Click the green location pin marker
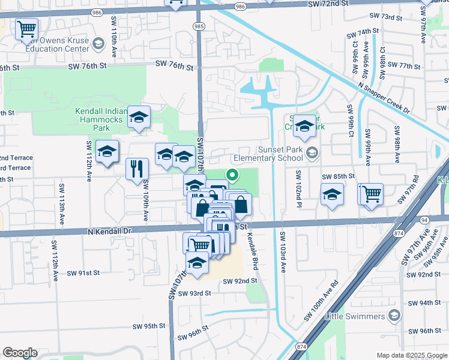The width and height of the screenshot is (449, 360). point(231,175)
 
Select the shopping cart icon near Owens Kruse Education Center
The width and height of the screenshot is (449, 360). point(26,28)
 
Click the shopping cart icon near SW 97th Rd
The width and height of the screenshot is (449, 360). point(372,193)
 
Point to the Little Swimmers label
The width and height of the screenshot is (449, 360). point(355,316)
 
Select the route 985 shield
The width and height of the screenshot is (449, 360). point(199,26)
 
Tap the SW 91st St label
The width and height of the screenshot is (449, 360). point(83,273)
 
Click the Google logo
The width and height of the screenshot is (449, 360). point(20,353)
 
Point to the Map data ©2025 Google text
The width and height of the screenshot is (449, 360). point(411,355)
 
